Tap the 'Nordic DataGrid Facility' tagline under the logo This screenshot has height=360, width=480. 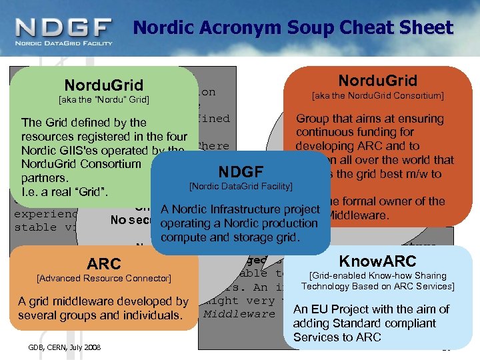[63, 43]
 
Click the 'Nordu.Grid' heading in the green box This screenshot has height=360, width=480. [103, 85]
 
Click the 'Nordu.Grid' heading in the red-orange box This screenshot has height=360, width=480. [377, 81]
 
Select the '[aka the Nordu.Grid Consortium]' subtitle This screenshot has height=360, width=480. [377, 96]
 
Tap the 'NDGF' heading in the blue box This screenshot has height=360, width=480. [241, 170]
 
